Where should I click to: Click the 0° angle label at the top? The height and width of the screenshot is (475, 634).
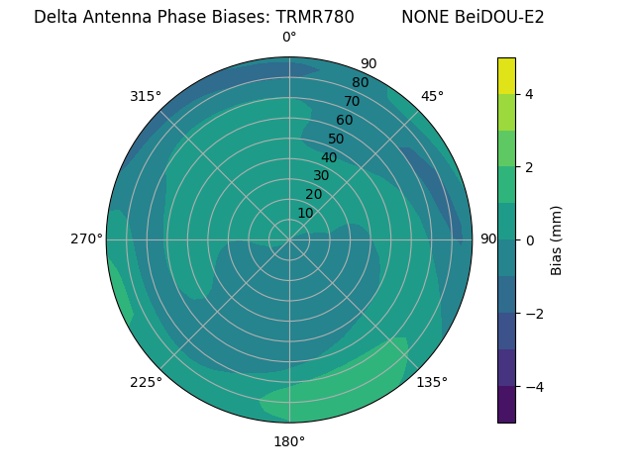(289, 38)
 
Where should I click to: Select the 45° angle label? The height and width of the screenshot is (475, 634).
(432, 96)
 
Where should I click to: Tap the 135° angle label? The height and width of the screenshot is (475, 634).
(432, 382)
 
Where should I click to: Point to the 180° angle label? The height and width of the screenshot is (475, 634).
(289, 441)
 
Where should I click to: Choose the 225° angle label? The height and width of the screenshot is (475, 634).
(146, 382)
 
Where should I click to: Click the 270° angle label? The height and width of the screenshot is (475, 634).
(86, 238)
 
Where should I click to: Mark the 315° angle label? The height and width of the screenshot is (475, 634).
(146, 96)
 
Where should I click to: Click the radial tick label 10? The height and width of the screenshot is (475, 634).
(305, 213)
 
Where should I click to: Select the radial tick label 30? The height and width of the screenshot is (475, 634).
(321, 175)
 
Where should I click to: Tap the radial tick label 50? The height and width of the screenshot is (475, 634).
(337, 139)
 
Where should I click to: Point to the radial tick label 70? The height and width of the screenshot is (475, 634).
(353, 101)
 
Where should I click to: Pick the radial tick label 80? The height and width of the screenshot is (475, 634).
(360, 83)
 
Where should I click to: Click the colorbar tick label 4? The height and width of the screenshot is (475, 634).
(529, 94)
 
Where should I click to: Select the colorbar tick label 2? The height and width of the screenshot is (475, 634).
(529, 167)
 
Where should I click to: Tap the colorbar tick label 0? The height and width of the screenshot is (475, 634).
(529, 240)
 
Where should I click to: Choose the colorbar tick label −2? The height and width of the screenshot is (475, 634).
(533, 314)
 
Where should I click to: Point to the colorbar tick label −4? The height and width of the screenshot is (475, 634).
(533, 387)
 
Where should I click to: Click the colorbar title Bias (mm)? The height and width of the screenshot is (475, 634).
(557, 240)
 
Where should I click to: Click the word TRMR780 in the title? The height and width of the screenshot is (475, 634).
(315, 17)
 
